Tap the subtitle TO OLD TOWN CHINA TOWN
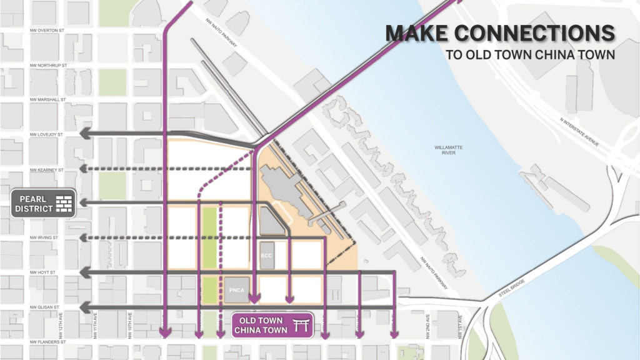(x=530, y=54)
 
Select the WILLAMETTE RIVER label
(x=448, y=150)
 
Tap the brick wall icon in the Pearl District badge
(x=64, y=203)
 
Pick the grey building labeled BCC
(x=267, y=256)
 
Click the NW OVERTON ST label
(x=47, y=30)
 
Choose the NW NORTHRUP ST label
(x=48, y=65)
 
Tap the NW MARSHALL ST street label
(x=47, y=99)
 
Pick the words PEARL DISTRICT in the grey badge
(x=34, y=203)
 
